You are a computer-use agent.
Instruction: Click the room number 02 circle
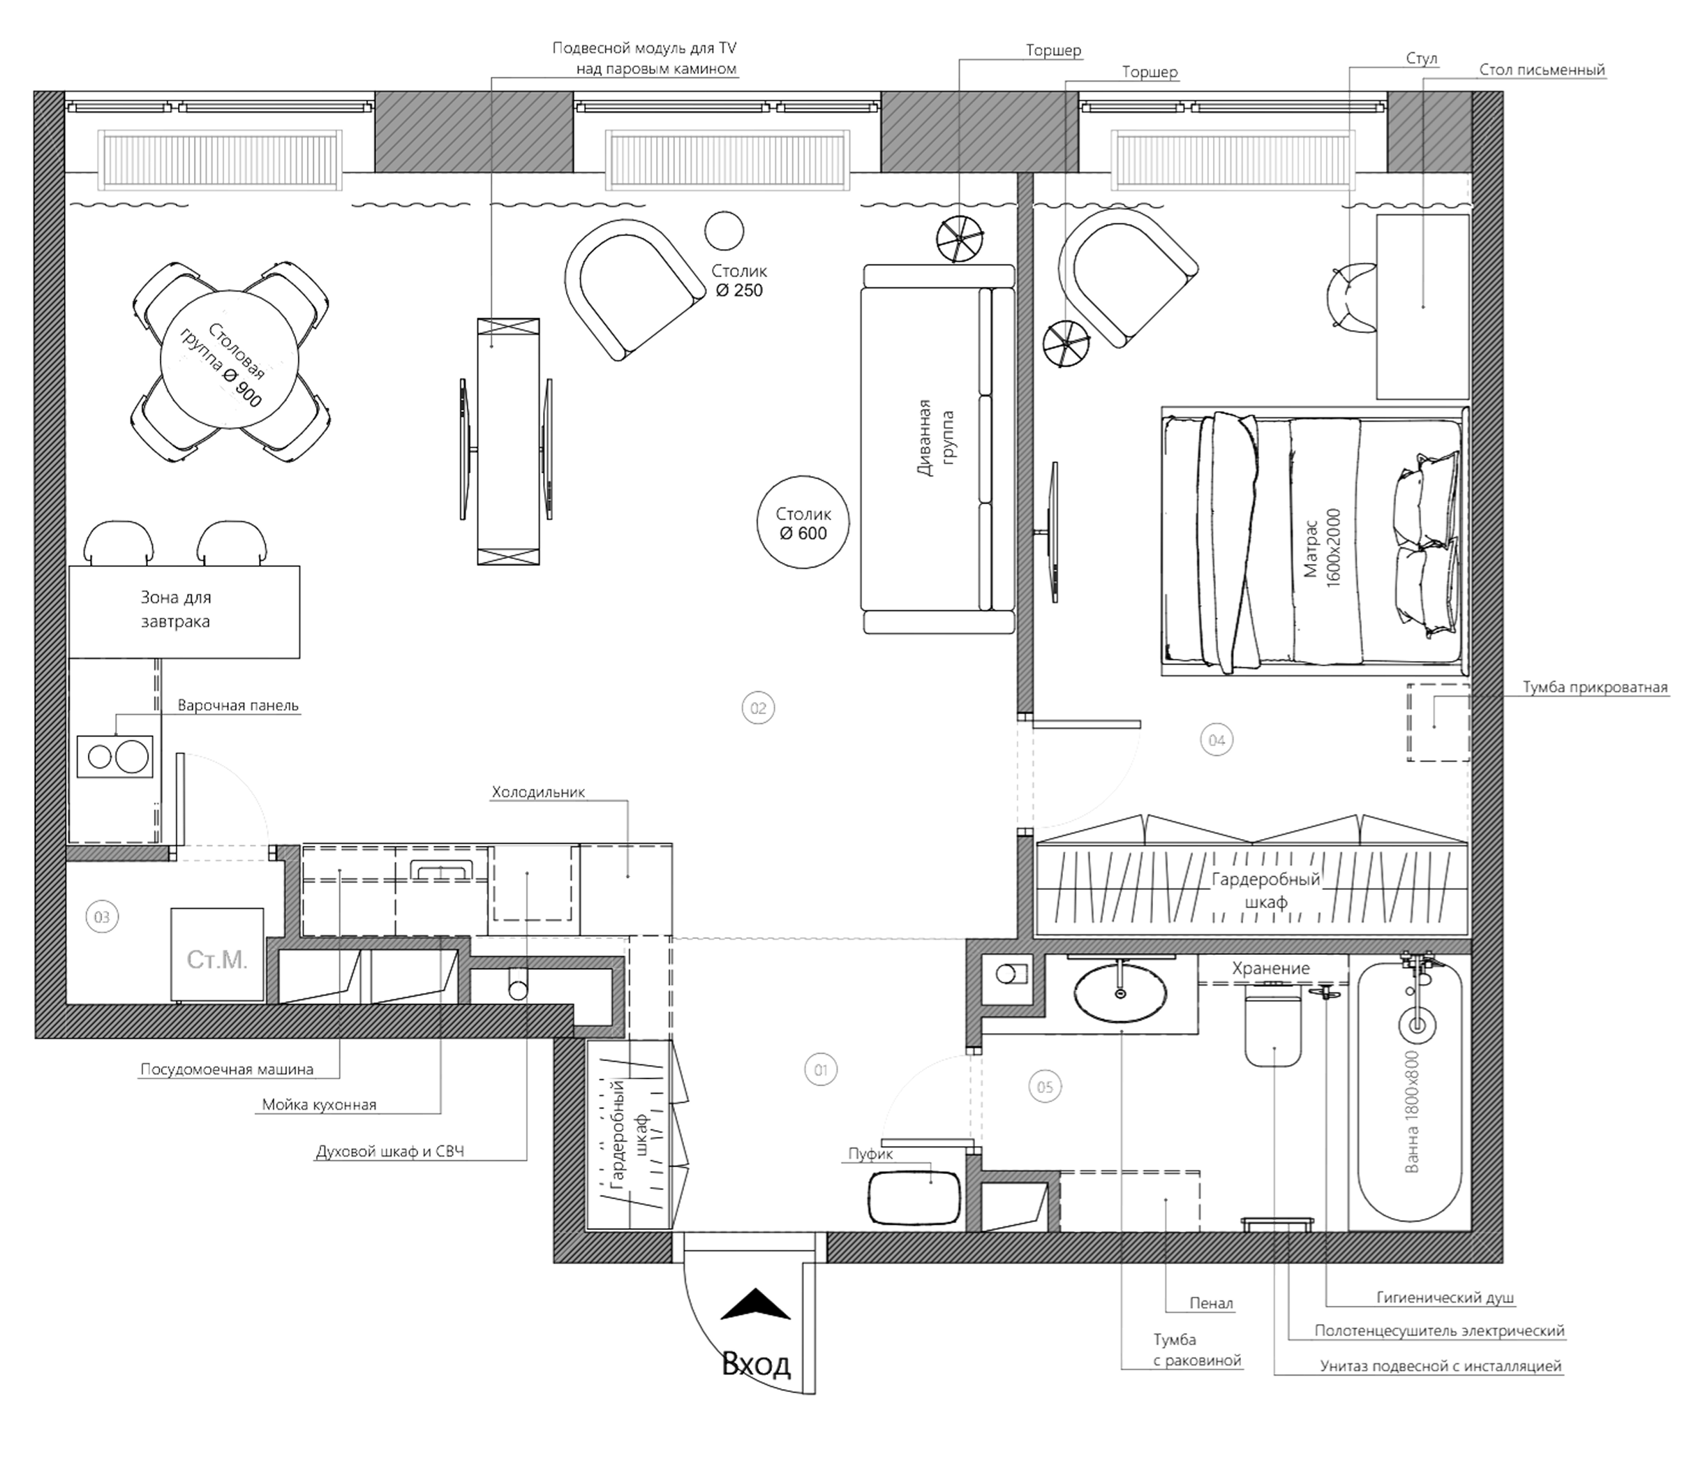coord(758,708)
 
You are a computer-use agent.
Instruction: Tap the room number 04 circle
coord(1217,740)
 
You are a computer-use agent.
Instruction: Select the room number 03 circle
coord(102,916)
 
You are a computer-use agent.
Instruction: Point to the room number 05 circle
coord(1045,1087)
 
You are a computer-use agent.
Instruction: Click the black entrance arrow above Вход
coord(755,1305)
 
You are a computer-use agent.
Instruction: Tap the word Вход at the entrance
coord(756,1365)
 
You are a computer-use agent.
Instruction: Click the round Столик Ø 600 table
coord(803,523)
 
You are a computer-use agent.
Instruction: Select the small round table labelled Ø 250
coord(724,230)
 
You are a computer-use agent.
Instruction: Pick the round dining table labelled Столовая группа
coord(230,359)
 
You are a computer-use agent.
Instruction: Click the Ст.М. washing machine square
coord(217,954)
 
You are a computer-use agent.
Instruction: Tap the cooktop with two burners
coord(115,756)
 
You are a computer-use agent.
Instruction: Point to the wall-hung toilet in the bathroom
coord(1273,1031)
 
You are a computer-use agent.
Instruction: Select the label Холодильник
coord(538,792)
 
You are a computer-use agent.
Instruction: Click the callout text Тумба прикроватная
coord(1596,687)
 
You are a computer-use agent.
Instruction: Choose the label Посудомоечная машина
coord(227,1070)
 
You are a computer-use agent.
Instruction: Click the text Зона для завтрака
coord(175,609)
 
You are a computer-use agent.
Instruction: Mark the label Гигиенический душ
coord(1445,1298)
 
